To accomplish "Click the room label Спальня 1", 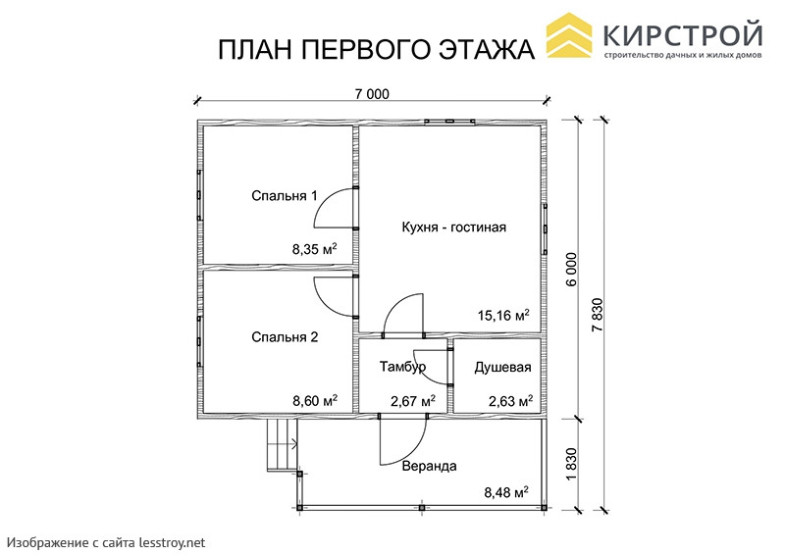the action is pyautogui.click(x=284, y=196).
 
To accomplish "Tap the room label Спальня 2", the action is pyautogui.click(x=285, y=336).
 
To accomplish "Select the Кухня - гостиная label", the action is pyautogui.click(x=454, y=227).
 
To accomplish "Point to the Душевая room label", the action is pyautogui.click(x=502, y=368).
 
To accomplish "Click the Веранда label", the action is pyautogui.click(x=430, y=466).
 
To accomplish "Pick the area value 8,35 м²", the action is pyautogui.click(x=314, y=248).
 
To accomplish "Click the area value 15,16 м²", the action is pyautogui.click(x=503, y=316).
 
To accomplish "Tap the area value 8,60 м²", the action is pyautogui.click(x=314, y=400).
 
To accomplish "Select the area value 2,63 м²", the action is pyautogui.click(x=510, y=401).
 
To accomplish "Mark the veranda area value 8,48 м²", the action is pyautogui.click(x=506, y=492).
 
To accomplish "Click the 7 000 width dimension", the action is pyautogui.click(x=372, y=93).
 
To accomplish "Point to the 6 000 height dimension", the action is pyautogui.click(x=572, y=270).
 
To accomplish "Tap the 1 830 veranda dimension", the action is pyautogui.click(x=572, y=464).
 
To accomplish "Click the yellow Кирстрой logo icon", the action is pyautogui.click(x=569, y=35).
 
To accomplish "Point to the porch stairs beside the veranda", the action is pyautogui.click(x=282, y=445).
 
